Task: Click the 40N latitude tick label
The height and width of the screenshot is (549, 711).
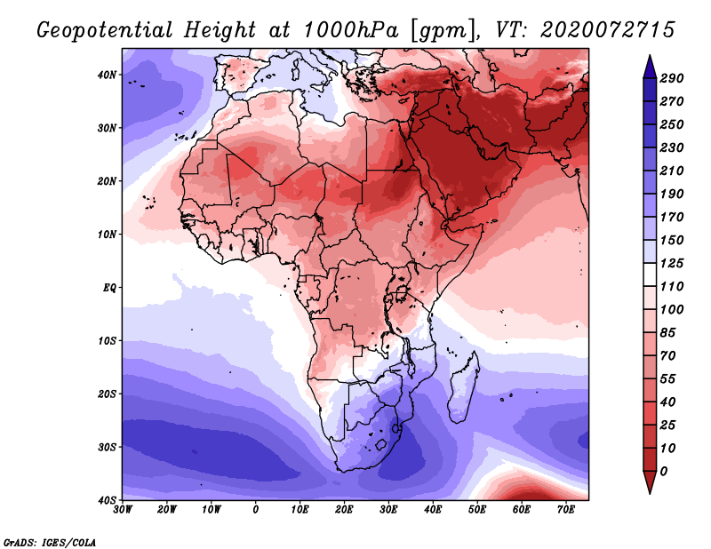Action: point(107,75)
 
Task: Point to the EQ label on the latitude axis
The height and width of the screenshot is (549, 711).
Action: point(109,288)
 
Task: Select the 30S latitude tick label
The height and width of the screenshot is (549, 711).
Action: point(107,447)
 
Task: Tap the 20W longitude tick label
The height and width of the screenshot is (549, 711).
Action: point(166,510)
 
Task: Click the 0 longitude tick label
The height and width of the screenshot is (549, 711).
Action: point(256,510)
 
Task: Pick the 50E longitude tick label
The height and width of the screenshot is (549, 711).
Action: point(477,510)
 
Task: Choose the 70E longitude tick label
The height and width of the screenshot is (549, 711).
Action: point(565,510)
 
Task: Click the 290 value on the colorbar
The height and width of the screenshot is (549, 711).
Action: point(672,78)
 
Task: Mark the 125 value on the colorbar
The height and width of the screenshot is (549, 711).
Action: point(672,263)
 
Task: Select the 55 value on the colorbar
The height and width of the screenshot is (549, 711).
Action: point(668,379)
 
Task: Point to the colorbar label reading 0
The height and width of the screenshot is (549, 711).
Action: point(664,472)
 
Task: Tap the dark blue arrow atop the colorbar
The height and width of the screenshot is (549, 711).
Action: point(650,68)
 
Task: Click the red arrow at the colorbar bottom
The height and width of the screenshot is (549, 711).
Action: point(650,481)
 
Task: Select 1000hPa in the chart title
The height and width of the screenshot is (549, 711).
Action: point(350,30)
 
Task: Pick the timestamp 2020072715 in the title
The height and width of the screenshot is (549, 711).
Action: point(608,30)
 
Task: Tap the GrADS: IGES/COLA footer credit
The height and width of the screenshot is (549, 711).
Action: point(50,543)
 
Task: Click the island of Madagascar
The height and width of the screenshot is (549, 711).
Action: point(464,386)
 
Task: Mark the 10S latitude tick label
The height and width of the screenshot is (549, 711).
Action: point(107,340)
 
